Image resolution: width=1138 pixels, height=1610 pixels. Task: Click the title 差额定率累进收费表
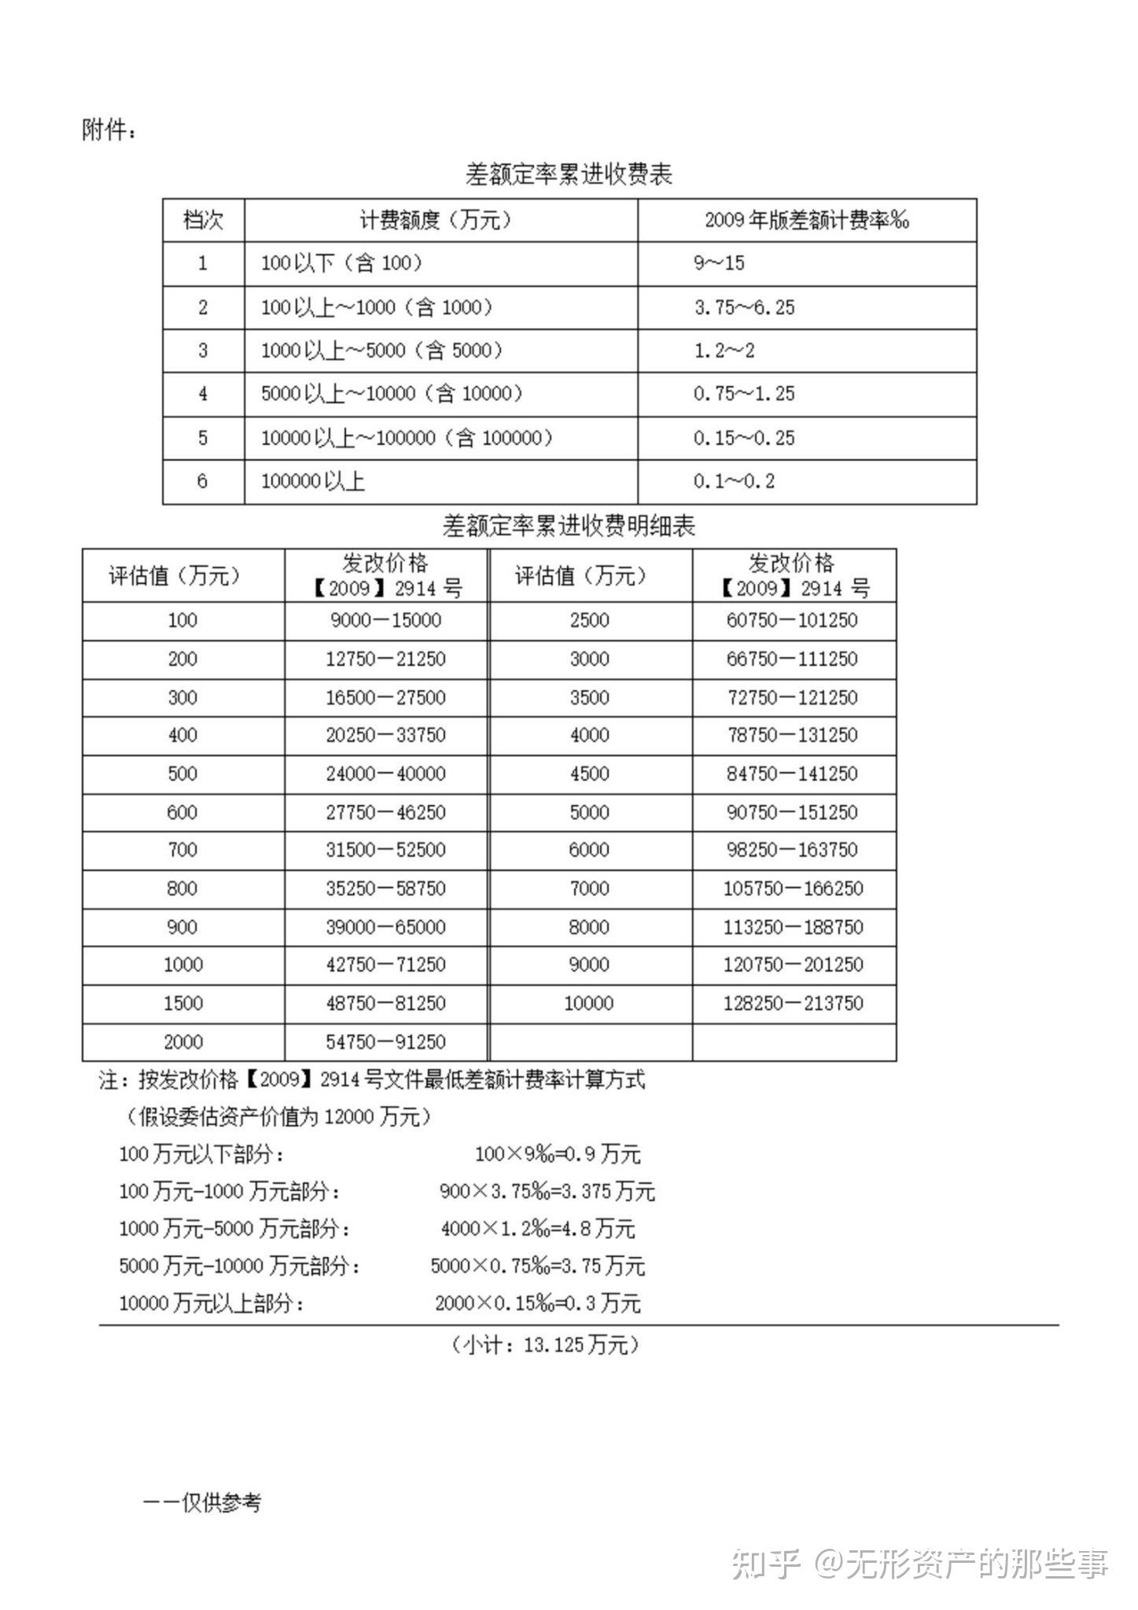tap(569, 174)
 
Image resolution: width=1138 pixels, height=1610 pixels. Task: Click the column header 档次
tap(203, 220)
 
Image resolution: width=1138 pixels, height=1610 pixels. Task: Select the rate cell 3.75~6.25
tap(744, 307)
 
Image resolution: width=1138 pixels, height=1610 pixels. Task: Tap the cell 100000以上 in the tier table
tap(313, 481)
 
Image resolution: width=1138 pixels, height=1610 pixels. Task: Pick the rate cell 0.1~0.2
tap(734, 481)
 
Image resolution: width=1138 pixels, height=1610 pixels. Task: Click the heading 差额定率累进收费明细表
tap(569, 526)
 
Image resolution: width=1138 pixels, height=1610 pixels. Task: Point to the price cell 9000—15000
tap(385, 621)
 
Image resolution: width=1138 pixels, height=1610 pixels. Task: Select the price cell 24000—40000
tap(385, 774)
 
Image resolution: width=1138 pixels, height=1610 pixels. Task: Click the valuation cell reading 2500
tap(589, 621)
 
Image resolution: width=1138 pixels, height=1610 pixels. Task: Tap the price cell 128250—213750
tap(793, 1004)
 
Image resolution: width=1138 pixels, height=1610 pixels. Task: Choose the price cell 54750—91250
tap(385, 1042)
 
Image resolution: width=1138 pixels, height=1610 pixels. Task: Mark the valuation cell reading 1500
tap(183, 1004)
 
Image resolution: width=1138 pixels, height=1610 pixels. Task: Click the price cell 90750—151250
tap(792, 813)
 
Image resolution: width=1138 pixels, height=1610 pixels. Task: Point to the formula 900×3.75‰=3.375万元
tap(547, 1192)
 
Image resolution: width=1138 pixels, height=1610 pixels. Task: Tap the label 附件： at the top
tap(109, 130)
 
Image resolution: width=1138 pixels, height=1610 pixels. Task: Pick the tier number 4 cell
tap(203, 394)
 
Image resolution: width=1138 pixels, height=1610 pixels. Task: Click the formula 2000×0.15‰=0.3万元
tap(538, 1303)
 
